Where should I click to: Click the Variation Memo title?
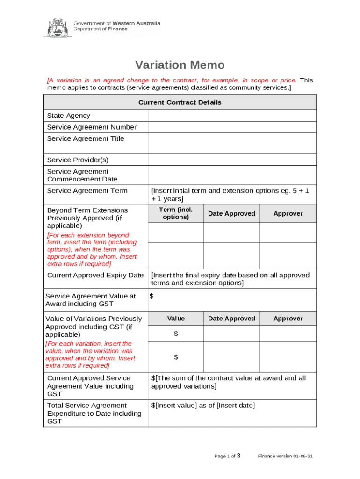point(180,65)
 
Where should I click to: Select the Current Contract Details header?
point(180,102)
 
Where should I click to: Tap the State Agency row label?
point(69,116)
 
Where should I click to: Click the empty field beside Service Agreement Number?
point(232,127)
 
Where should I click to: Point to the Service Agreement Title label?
point(86,138)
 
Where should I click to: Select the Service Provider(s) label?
point(78,160)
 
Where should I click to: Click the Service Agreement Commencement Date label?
point(82,175)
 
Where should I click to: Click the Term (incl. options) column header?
point(176,213)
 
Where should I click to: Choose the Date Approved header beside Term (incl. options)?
point(231,214)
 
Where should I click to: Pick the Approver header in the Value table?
point(288,319)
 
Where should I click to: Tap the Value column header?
point(176,319)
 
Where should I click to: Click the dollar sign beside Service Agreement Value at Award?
point(151,296)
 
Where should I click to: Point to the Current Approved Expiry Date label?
point(95,275)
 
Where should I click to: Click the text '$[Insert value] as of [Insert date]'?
point(203,406)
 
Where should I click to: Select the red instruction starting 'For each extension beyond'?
point(92,249)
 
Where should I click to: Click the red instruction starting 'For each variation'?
point(90,355)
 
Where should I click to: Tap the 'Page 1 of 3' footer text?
point(227,456)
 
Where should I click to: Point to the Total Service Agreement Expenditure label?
point(94,414)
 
